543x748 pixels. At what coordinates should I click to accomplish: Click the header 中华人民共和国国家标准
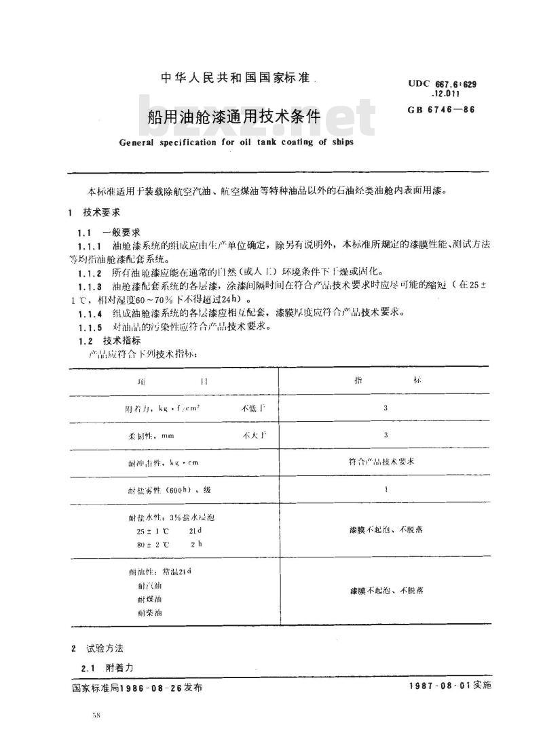235,78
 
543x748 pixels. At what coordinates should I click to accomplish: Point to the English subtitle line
236,142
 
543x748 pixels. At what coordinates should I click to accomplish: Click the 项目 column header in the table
172,381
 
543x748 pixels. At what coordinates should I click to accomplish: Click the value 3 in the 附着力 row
386,408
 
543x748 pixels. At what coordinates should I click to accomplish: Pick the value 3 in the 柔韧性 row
386,435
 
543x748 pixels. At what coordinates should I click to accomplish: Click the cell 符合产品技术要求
385,462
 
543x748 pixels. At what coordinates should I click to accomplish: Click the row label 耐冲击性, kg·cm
160,462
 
